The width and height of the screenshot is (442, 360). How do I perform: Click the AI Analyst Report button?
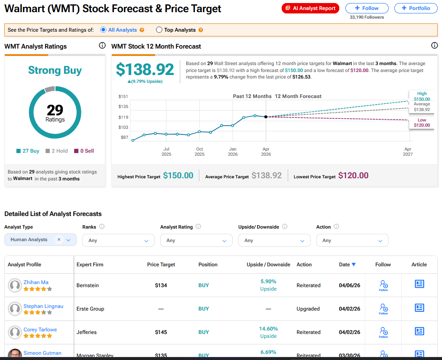[x=310, y=8]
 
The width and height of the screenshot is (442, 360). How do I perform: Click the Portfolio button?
[x=416, y=8]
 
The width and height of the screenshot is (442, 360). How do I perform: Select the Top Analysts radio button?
[x=159, y=30]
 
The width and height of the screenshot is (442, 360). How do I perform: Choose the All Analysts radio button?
[x=103, y=30]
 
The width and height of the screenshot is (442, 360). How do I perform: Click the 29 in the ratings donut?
[x=55, y=110]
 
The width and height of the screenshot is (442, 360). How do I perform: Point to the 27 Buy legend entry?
[x=28, y=151]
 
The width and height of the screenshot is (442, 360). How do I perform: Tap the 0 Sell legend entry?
[x=84, y=151]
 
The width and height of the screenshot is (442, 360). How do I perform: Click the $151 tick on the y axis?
[x=123, y=96]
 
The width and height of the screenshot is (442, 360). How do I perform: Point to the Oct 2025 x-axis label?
[x=199, y=151]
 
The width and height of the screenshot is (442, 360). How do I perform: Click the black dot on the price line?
[x=266, y=117]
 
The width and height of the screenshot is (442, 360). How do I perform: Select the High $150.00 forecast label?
[x=422, y=96]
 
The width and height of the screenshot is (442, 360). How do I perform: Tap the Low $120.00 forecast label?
[x=422, y=123]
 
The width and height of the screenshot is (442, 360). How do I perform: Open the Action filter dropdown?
[x=352, y=240]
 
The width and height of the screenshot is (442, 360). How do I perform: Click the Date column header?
[x=347, y=265]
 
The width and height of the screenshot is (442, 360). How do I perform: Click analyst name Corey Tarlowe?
[x=40, y=330]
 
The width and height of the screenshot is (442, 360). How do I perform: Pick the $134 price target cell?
[x=161, y=285]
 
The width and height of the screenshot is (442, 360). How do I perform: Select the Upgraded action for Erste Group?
[x=308, y=309]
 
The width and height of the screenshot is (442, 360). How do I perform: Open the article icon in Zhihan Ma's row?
[x=419, y=284]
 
